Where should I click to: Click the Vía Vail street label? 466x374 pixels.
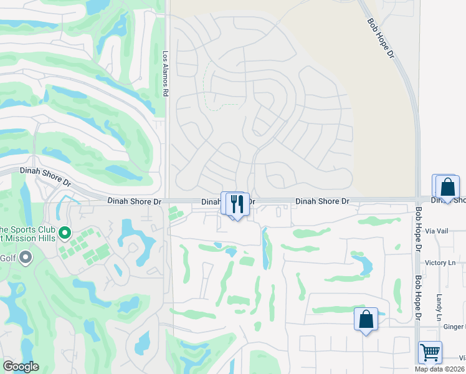(438, 231)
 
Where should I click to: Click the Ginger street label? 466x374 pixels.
(455, 327)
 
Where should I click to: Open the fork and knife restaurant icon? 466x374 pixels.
(236, 204)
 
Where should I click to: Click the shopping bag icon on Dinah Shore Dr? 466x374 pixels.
(447, 186)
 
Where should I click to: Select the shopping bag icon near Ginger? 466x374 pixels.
(366, 319)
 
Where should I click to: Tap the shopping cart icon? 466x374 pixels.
(430, 352)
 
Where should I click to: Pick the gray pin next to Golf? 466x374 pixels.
(26, 257)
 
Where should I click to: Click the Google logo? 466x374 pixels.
(21, 367)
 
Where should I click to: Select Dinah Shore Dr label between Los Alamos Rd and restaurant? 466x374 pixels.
(134, 201)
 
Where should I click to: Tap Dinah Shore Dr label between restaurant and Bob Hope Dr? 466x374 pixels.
(322, 201)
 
